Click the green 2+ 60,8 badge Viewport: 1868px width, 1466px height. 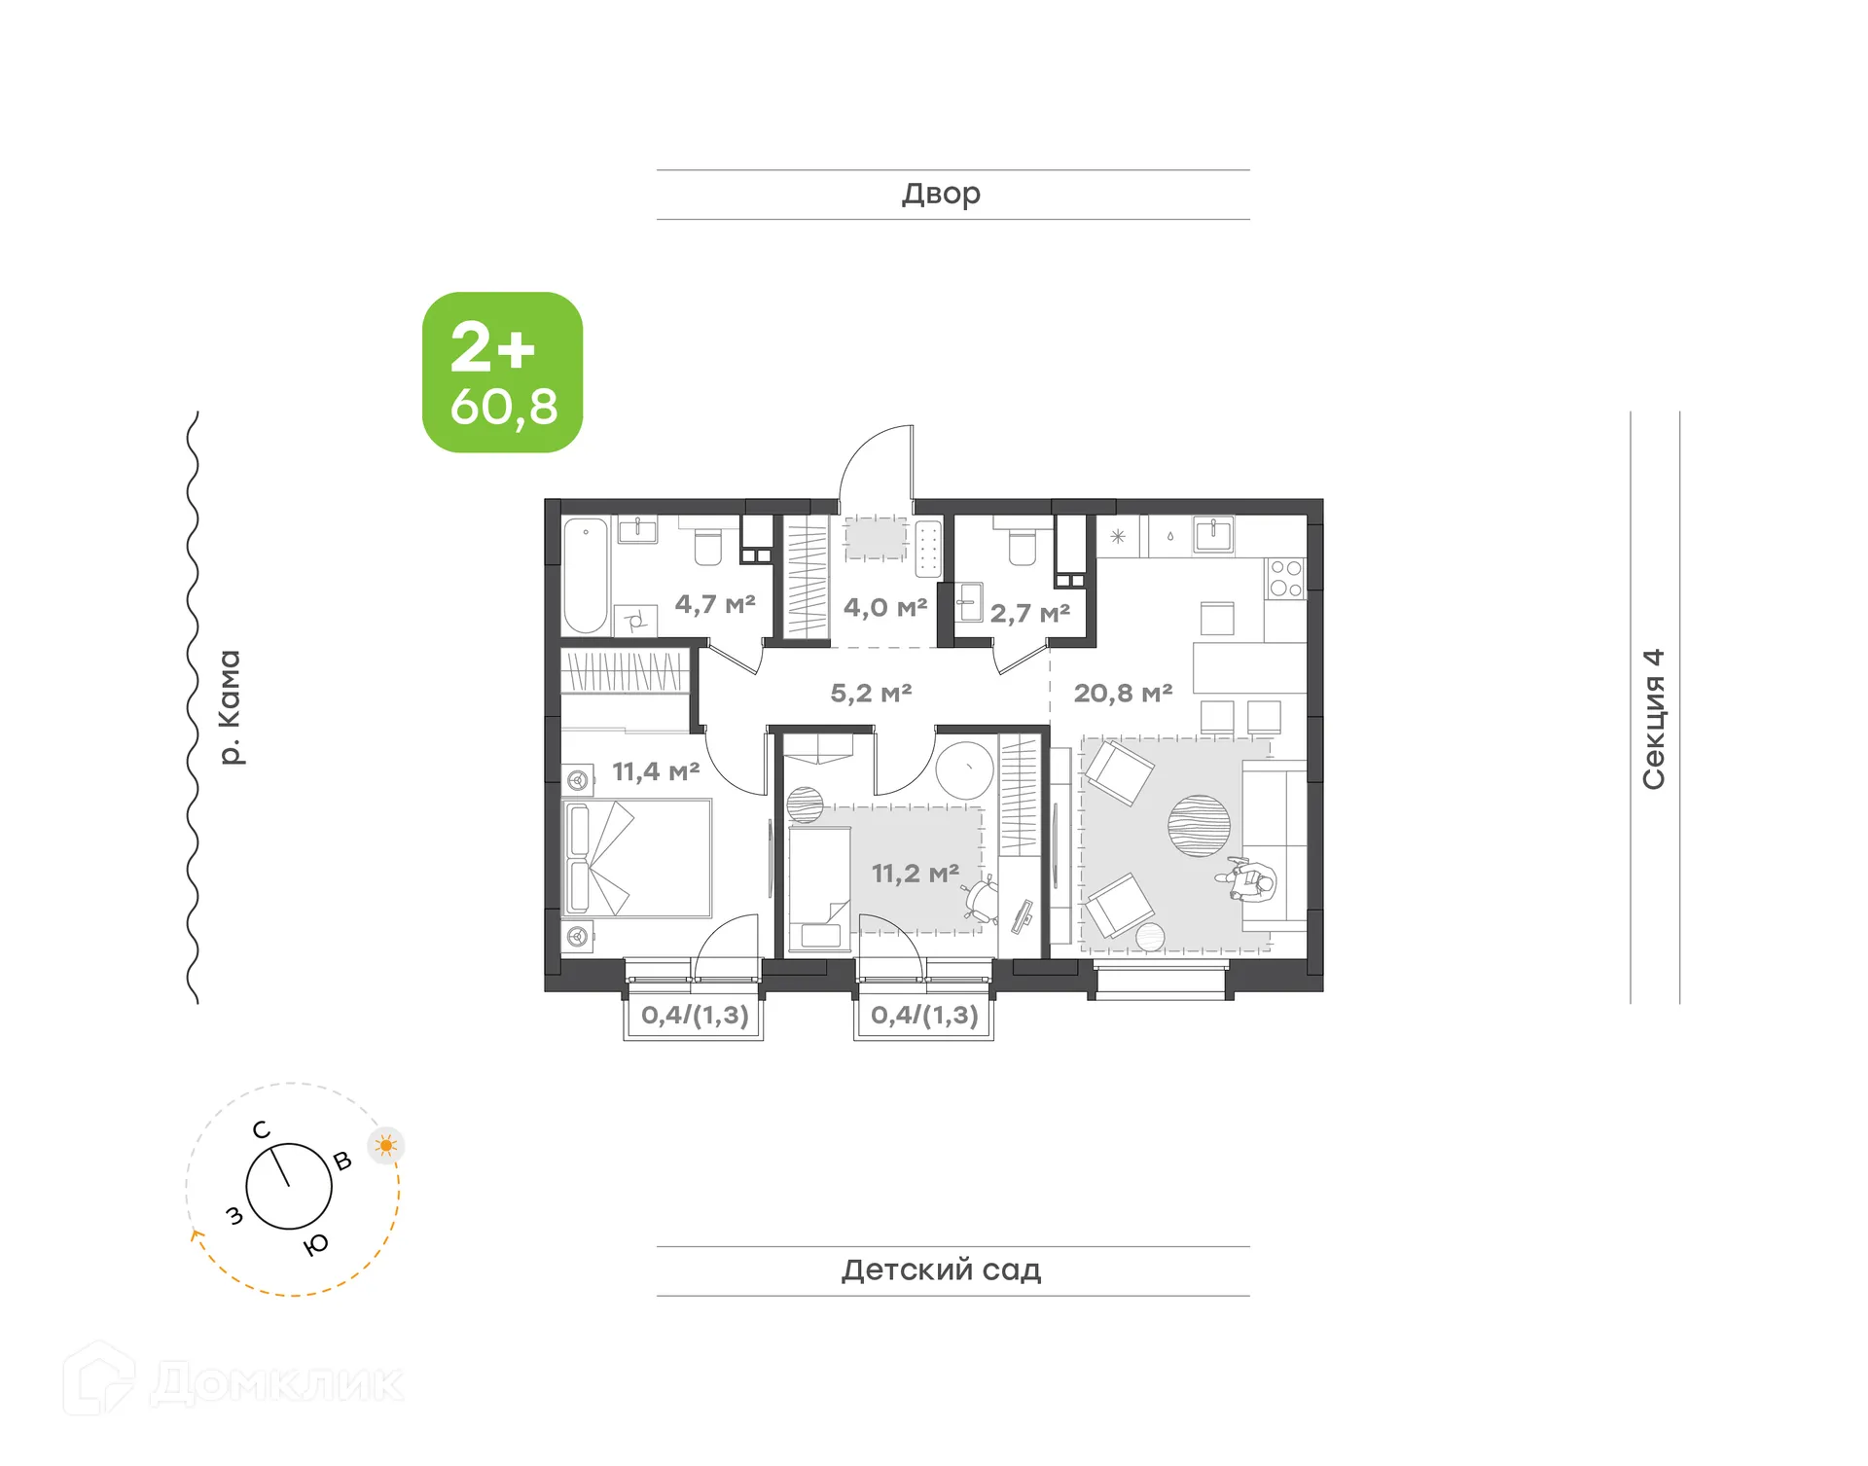(502, 373)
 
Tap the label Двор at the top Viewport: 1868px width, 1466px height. (941, 194)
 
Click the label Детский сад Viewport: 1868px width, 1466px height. (941, 1269)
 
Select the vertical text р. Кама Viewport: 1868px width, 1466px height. (230, 707)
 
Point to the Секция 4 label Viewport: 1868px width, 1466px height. (1654, 719)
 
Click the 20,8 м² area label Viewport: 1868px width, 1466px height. (1123, 694)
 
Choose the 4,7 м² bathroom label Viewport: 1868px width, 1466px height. (715, 604)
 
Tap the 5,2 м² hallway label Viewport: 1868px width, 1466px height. (871, 694)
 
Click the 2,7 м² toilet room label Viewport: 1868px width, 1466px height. (1030, 614)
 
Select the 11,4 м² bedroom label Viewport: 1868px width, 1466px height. (656, 772)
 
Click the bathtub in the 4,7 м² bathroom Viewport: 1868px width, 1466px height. (586, 576)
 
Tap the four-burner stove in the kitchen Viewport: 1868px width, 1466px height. (1285, 578)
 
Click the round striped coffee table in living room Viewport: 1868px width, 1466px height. (1199, 826)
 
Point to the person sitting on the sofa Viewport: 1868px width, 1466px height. (1249, 880)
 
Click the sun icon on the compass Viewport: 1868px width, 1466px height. (386, 1145)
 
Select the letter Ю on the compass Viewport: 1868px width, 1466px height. (316, 1245)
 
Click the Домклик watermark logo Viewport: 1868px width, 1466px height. (233, 1381)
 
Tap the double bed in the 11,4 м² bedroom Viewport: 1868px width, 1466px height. (637, 858)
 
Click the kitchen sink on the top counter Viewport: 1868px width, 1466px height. (1213, 534)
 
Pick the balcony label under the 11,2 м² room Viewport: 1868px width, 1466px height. (924, 1015)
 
